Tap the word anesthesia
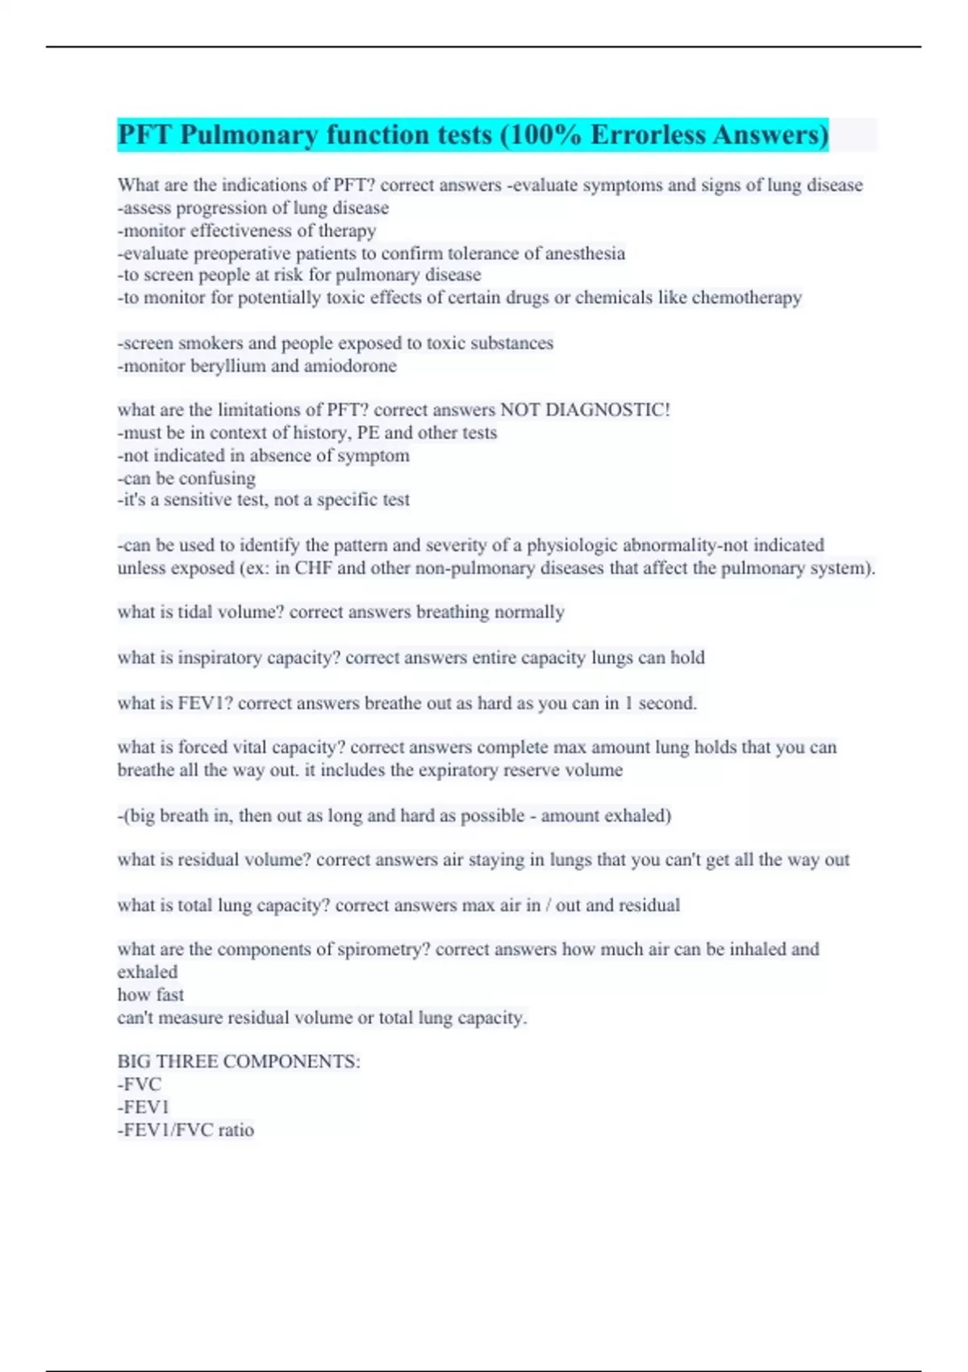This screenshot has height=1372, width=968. [585, 253]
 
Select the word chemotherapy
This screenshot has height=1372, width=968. [746, 298]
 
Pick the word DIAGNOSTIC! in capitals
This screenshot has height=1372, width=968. [607, 410]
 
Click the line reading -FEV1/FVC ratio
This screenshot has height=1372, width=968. [186, 1130]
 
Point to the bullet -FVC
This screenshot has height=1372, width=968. [140, 1085]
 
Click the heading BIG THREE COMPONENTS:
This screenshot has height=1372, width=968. [239, 1062]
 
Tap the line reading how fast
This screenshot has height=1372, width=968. [151, 995]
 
